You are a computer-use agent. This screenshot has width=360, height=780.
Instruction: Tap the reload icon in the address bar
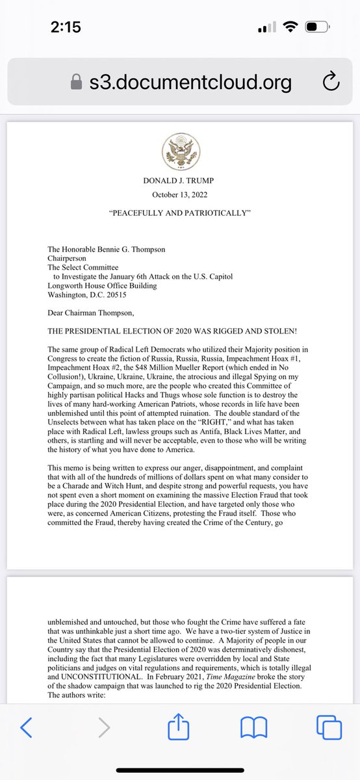331,82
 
